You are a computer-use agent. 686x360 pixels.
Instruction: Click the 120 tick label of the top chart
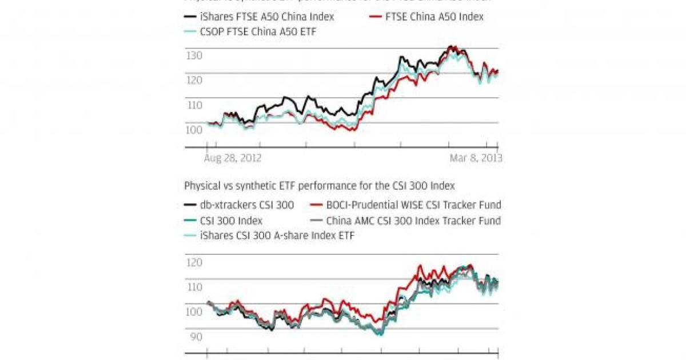click(x=194, y=81)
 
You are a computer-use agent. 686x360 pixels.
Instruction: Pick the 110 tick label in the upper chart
click(x=194, y=105)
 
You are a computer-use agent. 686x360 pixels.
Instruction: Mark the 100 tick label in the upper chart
click(x=194, y=130)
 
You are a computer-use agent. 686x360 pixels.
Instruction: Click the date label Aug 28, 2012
click(x=233, y=158)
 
